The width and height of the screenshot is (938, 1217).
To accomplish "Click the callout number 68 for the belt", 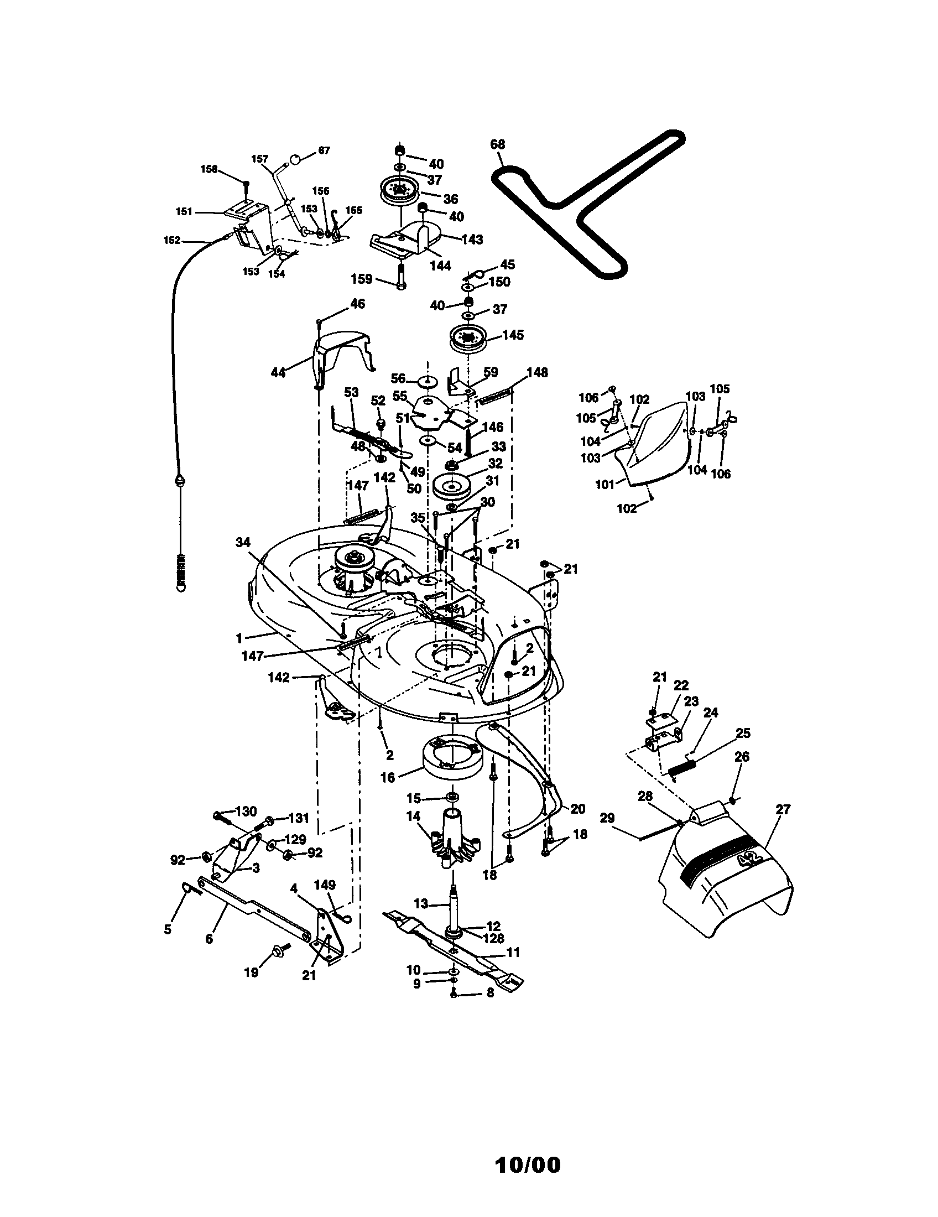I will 497,144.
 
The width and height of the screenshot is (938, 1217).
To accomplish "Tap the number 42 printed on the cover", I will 748,858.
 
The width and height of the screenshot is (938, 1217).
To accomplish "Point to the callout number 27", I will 783,809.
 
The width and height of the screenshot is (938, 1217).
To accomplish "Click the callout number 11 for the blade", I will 513,953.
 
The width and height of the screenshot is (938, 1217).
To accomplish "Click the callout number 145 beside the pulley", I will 513,335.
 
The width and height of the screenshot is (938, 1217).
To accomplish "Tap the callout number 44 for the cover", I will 278,373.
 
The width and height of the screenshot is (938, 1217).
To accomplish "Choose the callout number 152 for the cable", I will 171,240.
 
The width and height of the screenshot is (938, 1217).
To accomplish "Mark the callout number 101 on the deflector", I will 605,484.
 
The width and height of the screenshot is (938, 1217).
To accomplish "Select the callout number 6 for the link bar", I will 209,939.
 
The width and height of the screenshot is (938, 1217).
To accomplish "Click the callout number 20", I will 578,809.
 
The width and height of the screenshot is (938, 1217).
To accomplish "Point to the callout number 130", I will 247,812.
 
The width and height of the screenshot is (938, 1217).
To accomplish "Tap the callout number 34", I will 243,542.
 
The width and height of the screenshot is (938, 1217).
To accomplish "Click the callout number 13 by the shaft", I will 420,903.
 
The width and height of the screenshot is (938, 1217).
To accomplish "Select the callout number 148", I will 537,372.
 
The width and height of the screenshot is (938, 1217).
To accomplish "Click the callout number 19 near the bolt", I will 251,972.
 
